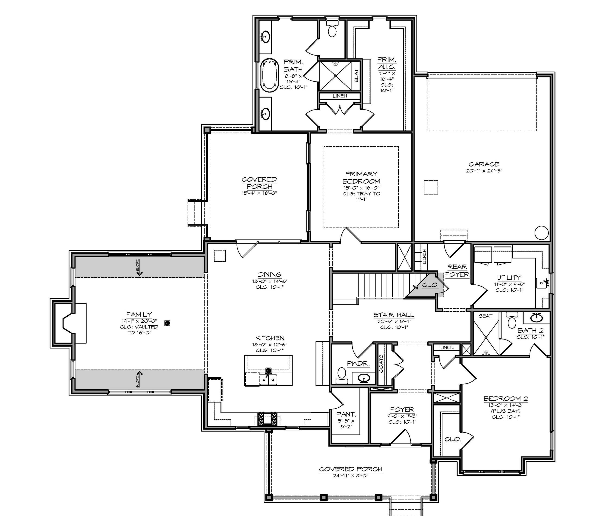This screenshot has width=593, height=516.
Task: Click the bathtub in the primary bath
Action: pos(270,74)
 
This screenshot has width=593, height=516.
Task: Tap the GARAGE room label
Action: pos(484,164)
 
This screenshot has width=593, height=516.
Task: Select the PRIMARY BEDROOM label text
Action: pos(361,178)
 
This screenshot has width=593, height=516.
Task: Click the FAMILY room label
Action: pos(139,315)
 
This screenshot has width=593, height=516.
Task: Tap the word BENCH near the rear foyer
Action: pos(424,256)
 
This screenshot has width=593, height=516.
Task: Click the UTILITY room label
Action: pos(509,278)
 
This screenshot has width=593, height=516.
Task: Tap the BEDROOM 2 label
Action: pos(506,399)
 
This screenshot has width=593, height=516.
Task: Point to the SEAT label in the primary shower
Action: pos(356,76)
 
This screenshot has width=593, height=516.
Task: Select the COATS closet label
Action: pos(381,364)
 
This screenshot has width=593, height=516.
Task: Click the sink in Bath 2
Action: pos(536,318)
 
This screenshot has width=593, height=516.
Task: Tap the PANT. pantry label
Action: pos(346,414)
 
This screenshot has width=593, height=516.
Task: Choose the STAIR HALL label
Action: pos(394,315)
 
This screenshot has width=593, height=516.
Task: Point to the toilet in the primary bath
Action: pos(332,30)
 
